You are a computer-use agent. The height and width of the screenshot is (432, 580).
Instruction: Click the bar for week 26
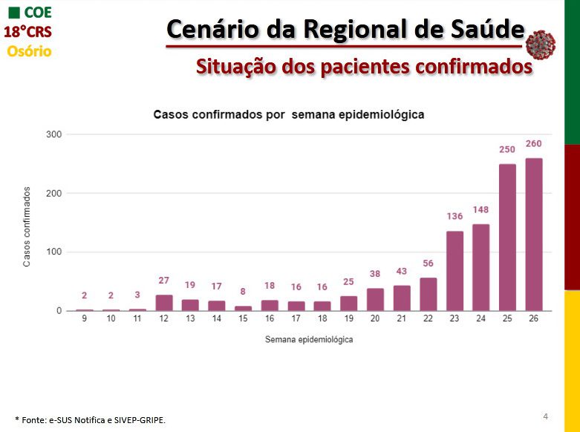click(533, 235)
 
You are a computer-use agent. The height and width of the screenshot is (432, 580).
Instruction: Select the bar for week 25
click(507, 238)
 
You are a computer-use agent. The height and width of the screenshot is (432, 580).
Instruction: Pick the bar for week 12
click(164, 303)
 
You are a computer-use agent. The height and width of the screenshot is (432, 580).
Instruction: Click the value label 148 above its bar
click(480, 209)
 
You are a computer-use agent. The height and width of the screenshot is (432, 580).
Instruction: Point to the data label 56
click(428, 264)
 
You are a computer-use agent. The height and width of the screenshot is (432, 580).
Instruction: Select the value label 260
click(533, 143)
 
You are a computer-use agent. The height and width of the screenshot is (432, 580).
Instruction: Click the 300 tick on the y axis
click(52, 134)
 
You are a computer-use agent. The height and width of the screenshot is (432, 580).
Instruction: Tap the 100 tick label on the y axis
click(52, 252)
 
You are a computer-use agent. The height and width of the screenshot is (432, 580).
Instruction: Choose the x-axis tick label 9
click(85, 318)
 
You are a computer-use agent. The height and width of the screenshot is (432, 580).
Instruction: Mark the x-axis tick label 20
click(375, 318)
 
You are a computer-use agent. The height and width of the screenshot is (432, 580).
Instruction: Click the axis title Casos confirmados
click(27, 226)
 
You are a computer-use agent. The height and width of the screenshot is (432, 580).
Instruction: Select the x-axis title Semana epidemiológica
click(308, 339)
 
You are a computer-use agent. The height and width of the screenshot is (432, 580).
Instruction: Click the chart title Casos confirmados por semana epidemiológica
click(288, 115)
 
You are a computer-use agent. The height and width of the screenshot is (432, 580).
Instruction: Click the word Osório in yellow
click(29, 51)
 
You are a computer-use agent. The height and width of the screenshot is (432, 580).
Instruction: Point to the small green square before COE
click(13, 13)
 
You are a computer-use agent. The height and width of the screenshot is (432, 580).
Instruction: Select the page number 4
click(546, 415)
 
